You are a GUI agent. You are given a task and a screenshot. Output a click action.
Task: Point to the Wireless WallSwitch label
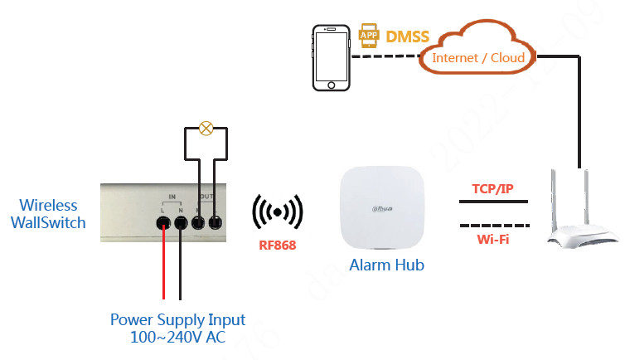pyautogui.click(x=49, y=214)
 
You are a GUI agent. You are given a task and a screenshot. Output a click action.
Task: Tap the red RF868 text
pyautogui.click(x=278, y=245)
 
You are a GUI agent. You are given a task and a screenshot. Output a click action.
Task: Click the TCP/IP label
pyautogui.click(x=492, y=189)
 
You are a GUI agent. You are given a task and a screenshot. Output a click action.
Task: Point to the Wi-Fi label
pyautogui.click(x=492, y=240)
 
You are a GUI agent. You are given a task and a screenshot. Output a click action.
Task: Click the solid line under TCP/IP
pyautogui.click(x=492, y=202)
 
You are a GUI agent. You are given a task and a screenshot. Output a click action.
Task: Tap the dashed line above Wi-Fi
pyautogui.click(x=492, y=225)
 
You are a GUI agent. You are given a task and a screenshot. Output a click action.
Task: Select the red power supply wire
pyautogui.click(x=163, y=265)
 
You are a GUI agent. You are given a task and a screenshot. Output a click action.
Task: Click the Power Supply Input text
pyautogui.click(x=178, y=319)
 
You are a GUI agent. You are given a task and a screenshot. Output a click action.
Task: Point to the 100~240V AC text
pyautogui.click(x=178, y=338)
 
